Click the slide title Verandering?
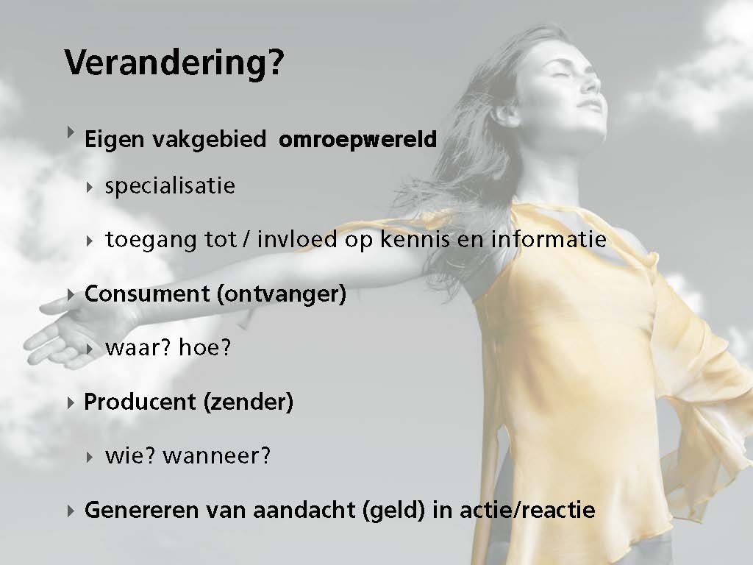tap(174, 63)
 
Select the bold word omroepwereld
tap(358, 140)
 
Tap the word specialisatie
tap(170, 186)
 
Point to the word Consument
tap(147, 294)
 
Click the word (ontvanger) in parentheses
tap(282, 294)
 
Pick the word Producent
tap(140, 402)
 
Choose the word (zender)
tap(249, 402)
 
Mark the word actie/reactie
tap(528, 510)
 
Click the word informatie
tap(549, 239)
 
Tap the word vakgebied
tap(210, 140)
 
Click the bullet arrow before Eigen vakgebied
tap(71, 132)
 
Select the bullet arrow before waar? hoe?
tap(90, 349)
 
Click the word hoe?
tap(204, 347)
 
